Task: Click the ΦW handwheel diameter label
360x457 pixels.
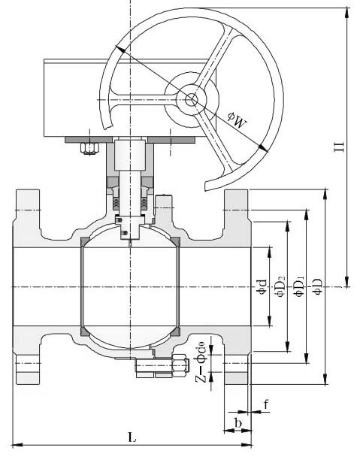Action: point(237,120)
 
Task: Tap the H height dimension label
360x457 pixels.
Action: point(339,147)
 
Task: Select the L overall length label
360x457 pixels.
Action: point(132,437)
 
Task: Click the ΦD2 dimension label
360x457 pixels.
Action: point(279,286)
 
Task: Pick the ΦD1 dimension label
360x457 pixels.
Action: point(299,286)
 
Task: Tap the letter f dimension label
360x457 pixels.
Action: point(266,404)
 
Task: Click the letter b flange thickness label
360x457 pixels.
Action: point(238,422)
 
